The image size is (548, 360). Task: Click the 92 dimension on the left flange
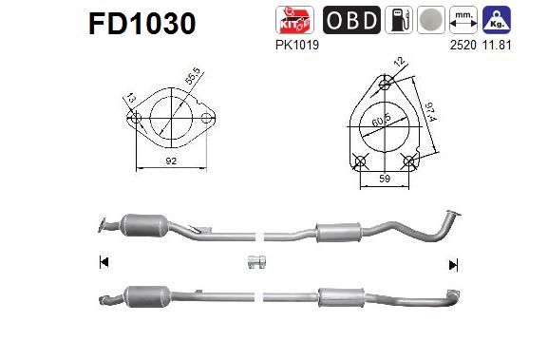pyautogui.click(x=171, y=162)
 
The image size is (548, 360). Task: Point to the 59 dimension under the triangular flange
pyautogui.click(x=385, y=177)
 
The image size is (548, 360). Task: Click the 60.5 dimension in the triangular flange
pyautogui.click(x=382, y=122)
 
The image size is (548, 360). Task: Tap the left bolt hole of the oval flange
pyautogui.click(x=136, y=120)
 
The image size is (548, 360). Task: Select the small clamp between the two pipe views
pyautogui.click(x=255, y=262)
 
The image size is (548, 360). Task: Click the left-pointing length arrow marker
pyautogui.click(x=103, y=263)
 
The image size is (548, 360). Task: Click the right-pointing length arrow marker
pyautogui.click(x=453, y=264)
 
